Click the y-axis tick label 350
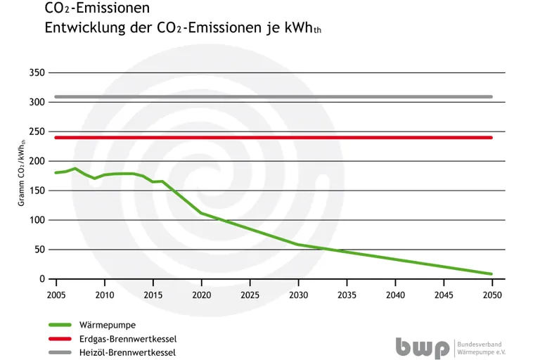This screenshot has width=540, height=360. click(x=37, y=73)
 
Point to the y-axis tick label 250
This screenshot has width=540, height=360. click(x=37, y=132)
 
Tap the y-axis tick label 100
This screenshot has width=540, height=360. click(x=37, y=220)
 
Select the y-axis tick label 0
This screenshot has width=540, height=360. click(x=42, y=279)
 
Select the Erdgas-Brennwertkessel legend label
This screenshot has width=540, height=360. click(x=132, y=339)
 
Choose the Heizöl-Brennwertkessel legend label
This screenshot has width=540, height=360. click(x=133, y=352)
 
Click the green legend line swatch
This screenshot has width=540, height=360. click(x=60, y=325)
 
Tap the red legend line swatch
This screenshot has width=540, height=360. click(x=60, y=339)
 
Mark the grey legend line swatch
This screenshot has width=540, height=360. click(x=60, y=352)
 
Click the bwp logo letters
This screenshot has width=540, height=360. click(x=422, y=347)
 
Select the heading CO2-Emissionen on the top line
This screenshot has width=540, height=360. click(x=96, y=9)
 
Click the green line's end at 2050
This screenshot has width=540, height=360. click(x=491, y=274)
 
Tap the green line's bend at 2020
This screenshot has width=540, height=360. click(x=201, y=212)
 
